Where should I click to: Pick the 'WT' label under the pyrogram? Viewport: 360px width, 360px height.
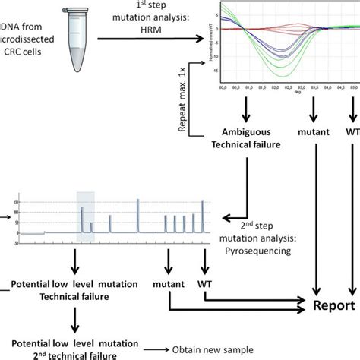pyautogui.click(x=204, y=283)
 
